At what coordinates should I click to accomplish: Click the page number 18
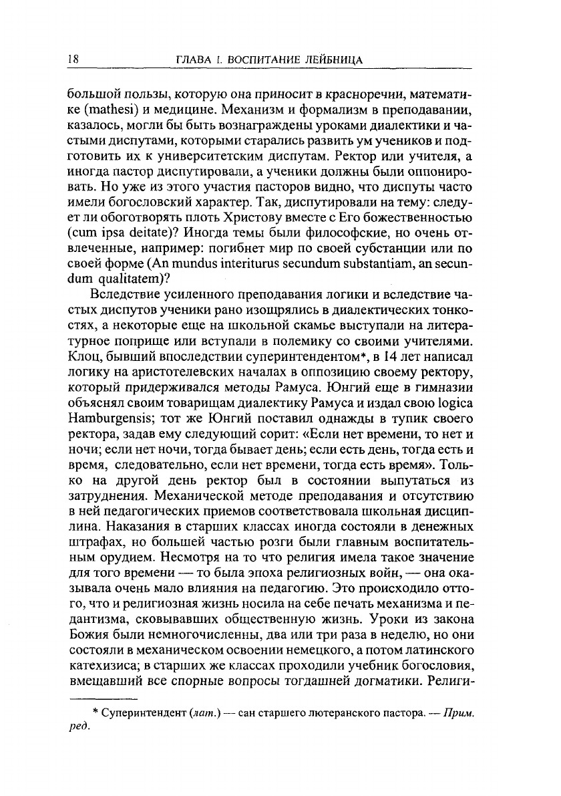click(x=74, y=59)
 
